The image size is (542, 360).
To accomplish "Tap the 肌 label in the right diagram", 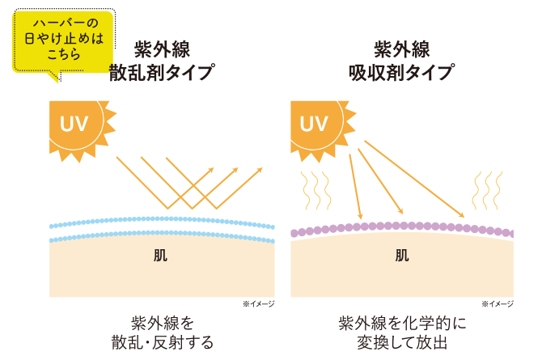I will click(x=401, y=256).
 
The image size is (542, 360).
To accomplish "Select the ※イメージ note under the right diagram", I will click(x=498, y=303).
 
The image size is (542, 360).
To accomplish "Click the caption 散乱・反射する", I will click(x=162, y=342).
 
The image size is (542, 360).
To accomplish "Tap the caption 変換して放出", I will click(x=401, y=342).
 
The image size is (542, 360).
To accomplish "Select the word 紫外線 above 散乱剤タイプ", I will click(x=162, y=49).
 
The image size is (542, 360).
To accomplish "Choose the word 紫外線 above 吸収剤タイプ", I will click(x=400, y=49).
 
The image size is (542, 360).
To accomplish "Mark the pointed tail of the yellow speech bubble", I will click(x=55, y=78).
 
